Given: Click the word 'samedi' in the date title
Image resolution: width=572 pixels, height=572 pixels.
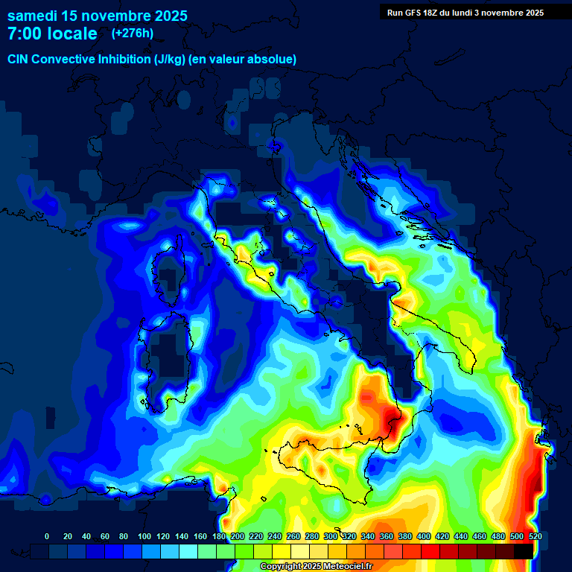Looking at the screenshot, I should (x=34, y=16).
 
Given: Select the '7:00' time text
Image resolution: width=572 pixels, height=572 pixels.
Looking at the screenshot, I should (x=25, y=34).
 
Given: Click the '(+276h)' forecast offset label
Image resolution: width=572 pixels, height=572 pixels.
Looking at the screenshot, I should (x=133, y=34).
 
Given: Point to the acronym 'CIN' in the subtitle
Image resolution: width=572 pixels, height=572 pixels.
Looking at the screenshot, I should (x=19, y=59).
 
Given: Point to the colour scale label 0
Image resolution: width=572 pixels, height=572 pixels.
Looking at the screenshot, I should (x=47, y=536).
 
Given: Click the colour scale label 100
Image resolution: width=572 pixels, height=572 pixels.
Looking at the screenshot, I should (x=144, y=536).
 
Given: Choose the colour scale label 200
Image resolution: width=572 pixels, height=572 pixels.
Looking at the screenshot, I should (x=238, y=536).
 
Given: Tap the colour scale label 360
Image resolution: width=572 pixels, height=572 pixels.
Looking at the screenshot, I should (x=387, y=536).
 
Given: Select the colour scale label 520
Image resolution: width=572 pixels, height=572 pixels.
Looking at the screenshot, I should (x=535, y=536).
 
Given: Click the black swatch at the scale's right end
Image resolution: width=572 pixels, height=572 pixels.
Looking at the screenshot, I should (x=524, y=551).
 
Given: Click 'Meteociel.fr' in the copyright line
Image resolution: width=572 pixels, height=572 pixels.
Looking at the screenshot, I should (x=343, y=567).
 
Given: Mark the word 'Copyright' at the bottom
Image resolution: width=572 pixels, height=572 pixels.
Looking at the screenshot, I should (x=282, y=567).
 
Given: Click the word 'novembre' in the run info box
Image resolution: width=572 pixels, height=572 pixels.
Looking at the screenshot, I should (x=515, y=13).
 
